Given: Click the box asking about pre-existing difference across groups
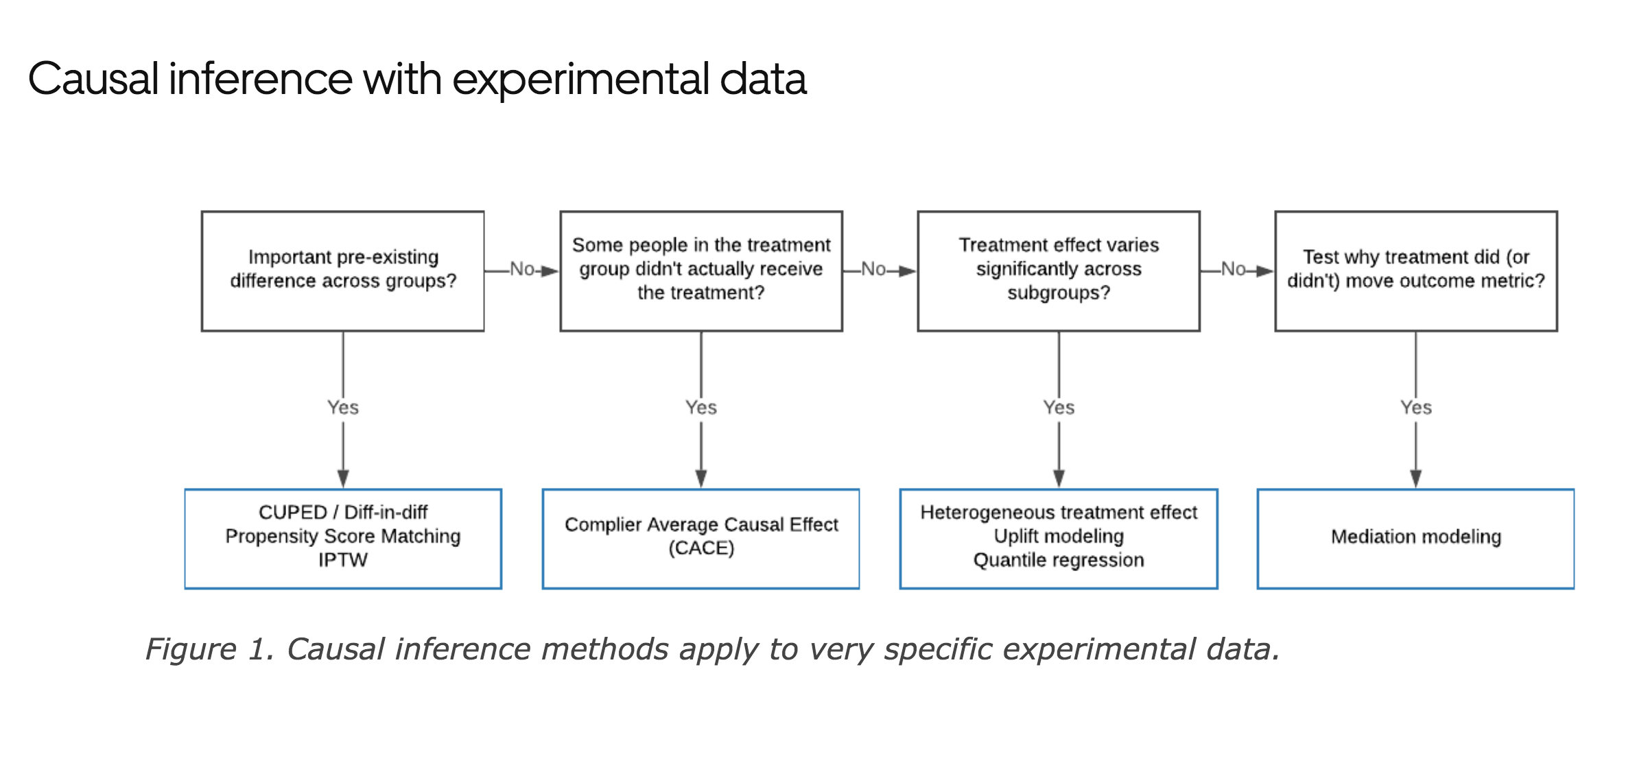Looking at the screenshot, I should [x=342, y=270].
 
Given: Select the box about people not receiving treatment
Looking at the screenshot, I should [x=700, y=270].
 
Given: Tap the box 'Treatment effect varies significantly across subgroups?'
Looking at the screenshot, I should [x=1058, y=270].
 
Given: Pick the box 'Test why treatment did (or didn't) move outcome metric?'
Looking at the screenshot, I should [x=1415, y=270].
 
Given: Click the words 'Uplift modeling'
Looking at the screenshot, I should [x=1058, y=536].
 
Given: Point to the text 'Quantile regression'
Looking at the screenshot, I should [x=1058, y=560].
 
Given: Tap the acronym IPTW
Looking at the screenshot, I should [x=342, y=560].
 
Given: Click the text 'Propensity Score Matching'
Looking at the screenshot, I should [x=342, y=536].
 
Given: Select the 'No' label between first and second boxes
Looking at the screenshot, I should [x=521, y=269].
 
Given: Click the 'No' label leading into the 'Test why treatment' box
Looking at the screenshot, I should [x=1233, y=269].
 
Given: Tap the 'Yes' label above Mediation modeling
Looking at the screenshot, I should [x=1415, y=408].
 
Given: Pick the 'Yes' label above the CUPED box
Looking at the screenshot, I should [x=342, y=408].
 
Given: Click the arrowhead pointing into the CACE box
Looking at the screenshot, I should [x=700, y=478].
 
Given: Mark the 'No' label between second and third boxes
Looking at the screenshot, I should [x=873, y=269].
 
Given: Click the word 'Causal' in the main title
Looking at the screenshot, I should [x=93, y=79].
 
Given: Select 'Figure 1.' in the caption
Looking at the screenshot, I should [x=210, y=649].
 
